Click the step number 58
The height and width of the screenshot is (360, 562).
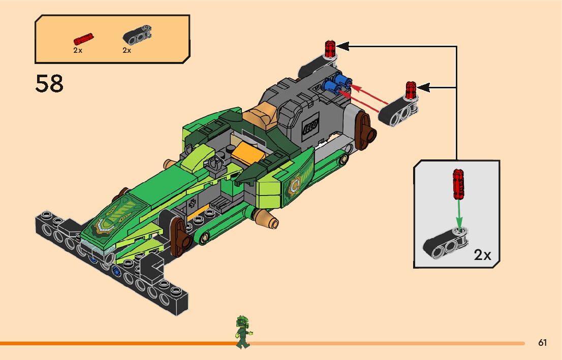(x=49, y=84)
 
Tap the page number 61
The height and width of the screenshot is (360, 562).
(x=543, y=343)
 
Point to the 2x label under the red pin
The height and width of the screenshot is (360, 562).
(x=77, y=51)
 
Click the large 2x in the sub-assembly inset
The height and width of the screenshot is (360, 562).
(x=482, y=255)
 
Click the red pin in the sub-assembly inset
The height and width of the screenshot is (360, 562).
(x=458, y=184)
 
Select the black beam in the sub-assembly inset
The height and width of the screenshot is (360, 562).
(x=446, y=243)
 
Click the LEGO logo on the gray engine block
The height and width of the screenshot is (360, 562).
(x=310, y=126)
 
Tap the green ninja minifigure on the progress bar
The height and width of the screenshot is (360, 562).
(x=243, y=332)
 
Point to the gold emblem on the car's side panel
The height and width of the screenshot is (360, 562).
(x=294, y=187)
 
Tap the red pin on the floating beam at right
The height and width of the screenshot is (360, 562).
(x=411, y=90)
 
